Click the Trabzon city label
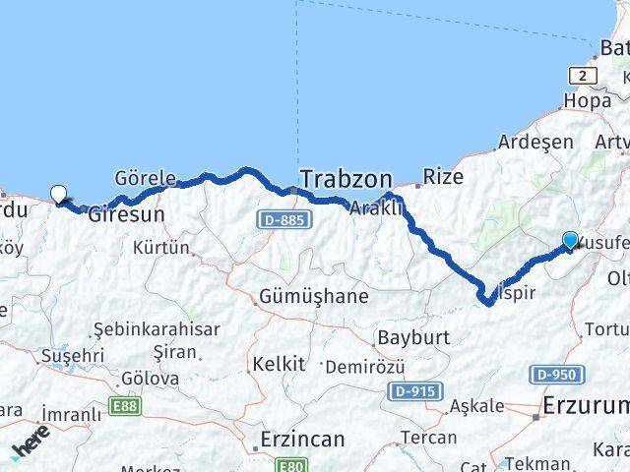346,180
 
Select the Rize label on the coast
442,177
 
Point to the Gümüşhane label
314,296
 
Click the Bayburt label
413,337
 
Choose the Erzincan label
302,439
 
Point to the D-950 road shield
557,374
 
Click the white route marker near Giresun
59,194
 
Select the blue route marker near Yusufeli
571,239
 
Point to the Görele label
145,179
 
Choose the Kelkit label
279,364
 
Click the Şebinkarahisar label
157,329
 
